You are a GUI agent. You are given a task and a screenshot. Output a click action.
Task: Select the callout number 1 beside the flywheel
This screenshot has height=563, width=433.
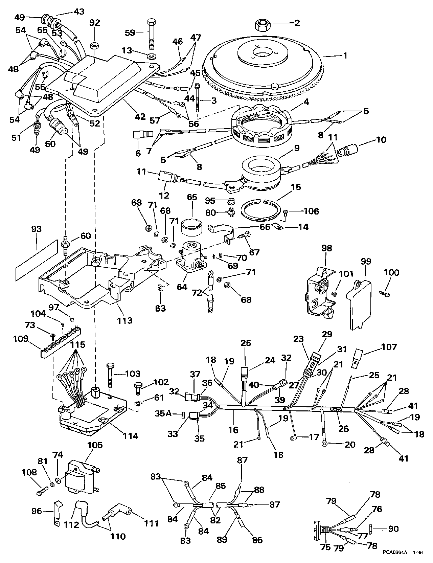point(345,56)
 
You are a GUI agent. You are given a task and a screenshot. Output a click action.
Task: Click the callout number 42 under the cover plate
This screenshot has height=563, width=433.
point(140,117)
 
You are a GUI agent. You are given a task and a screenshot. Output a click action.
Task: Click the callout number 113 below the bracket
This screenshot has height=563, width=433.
point(125,320)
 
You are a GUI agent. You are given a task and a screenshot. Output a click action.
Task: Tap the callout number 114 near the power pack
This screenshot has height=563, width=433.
point(131,435)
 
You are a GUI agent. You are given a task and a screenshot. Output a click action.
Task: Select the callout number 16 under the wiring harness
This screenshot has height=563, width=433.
point(233,430)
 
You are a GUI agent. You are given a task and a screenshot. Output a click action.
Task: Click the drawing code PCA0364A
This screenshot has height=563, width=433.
point(395,553)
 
